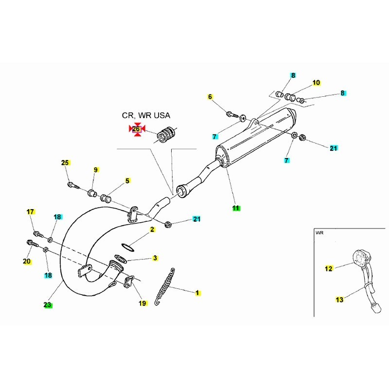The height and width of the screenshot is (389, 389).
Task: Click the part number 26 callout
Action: pyautogui.click(x=137, y=129)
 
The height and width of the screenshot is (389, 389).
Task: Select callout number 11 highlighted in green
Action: pyautogui.click(x=236, y=208)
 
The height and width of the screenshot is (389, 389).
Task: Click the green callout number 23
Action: pyautogui.click(x=47, y=305)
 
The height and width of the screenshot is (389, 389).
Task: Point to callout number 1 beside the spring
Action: pyautogui.click(x=197, y=293)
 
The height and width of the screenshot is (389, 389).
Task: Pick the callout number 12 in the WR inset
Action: pyautogui.click(x=329, y=268)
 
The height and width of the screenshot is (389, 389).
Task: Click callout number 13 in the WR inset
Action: pyautogui.click(x=339, y=300)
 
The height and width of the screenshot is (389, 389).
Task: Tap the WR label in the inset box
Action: pyautogui.click(x=319, y=233)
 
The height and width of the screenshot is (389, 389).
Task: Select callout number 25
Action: pyautogui.click(x=65, y=162)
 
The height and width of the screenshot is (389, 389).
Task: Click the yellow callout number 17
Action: pyautogui.click(x=31, y=212)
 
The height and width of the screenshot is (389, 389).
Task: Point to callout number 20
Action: pyautogui.click(x=27, y=262)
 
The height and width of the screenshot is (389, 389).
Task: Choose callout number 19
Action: pyautogui.click(x=142, y=303)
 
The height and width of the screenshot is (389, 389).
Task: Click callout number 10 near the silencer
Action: pyautogui.click(x=316, y=83)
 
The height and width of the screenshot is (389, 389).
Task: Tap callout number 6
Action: pyautogui.click(x=211, y=97)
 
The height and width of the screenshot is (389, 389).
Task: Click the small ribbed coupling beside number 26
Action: pyautogui.click(x=168, y=133)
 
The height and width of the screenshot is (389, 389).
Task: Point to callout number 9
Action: pyautogui.click(x=96, y=170)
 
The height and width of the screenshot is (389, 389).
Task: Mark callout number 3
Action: pyautogui.click(x=155, y=258)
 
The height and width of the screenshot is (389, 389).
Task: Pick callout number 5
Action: pyautogui.click(x=127, y=181)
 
